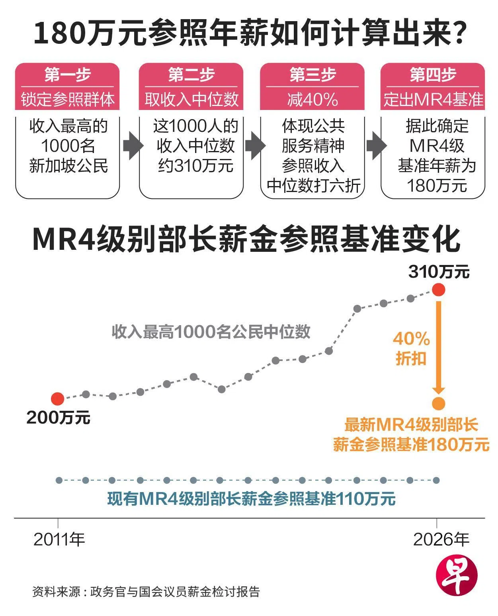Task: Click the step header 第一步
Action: tap(68, 75)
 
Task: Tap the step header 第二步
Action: tap(191, 75)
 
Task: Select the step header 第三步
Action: tap(312, 75)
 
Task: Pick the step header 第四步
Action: tap(433, 75)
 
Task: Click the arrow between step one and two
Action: tap(133, 146)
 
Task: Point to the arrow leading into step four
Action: tap(377, 146)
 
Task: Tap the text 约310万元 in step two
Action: tap(195, 166)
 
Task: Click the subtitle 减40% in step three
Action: tap(312, 100)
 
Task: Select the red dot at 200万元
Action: tap(57, 399)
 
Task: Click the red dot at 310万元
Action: tap(439, 290)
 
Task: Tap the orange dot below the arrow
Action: tap(439, 404)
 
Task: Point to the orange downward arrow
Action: tap(439, 347)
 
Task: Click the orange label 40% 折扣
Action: tap(411, 349)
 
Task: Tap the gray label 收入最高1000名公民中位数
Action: tap(211, 332)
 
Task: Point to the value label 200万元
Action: tap(58, 418)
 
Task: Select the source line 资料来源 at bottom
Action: tap(146, 592)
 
